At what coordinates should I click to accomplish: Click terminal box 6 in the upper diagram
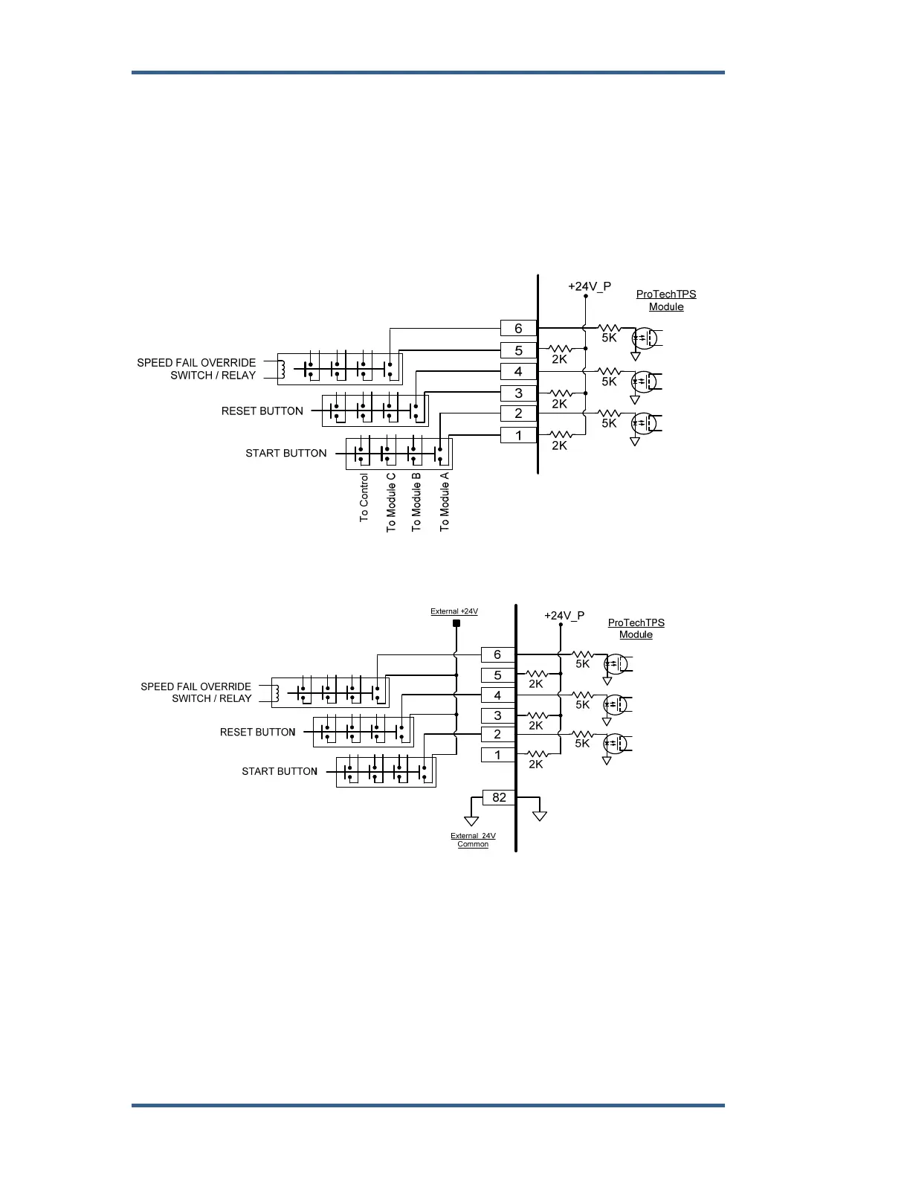518,328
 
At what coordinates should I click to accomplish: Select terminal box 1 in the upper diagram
518,435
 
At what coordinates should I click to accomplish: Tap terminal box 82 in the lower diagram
499,797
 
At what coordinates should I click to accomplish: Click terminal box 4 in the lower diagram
497,695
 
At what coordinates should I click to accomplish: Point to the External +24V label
454,611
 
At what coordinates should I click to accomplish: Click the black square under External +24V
456,623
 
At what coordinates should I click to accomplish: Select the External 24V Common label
473,840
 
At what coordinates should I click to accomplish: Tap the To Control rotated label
364,498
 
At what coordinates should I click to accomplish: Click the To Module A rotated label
445,501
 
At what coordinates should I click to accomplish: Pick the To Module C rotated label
391,502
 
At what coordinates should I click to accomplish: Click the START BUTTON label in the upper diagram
286,453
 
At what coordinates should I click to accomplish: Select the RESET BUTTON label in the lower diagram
258,732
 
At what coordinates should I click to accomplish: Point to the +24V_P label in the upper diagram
590,286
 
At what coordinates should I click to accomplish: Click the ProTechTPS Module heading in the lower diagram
636,628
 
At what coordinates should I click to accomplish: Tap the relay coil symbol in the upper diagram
282,369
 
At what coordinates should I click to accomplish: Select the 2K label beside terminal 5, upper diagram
559,359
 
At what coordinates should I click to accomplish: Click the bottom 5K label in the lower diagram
582,743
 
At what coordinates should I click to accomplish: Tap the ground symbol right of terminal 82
540,816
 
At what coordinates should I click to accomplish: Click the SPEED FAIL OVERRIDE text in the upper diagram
196,363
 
